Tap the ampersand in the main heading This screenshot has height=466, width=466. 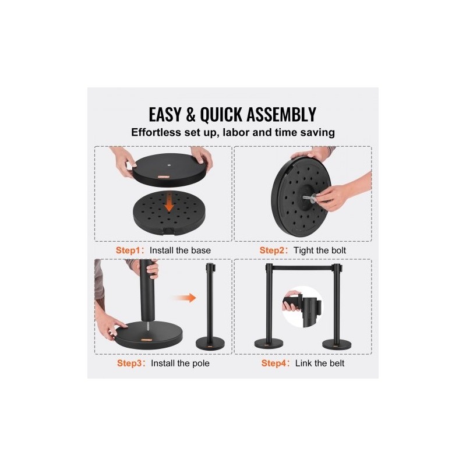point(190,115)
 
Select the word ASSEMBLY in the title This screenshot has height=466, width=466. point(281,114)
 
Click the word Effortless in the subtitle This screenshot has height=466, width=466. point(156,132)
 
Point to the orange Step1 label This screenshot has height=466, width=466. point(128,250)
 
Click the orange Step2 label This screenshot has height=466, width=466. point(271,250)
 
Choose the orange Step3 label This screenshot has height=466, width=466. point(129,363)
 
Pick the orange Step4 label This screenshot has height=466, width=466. point(273,363)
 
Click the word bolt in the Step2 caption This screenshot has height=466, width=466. point(338,250)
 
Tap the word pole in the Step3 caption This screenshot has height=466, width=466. point(202,363)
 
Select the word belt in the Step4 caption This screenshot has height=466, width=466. point(337,363)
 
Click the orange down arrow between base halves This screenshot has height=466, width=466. point(169,203)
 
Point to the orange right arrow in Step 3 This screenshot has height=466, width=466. point(185,298)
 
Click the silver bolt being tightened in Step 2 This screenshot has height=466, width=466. point(309,198)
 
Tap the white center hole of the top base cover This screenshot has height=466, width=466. point(169,164)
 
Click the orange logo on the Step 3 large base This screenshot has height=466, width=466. point(147,340)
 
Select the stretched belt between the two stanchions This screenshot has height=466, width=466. point(302,268)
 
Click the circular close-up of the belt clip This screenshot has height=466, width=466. point(302,308)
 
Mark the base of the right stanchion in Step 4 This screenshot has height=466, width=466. point(337,344)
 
